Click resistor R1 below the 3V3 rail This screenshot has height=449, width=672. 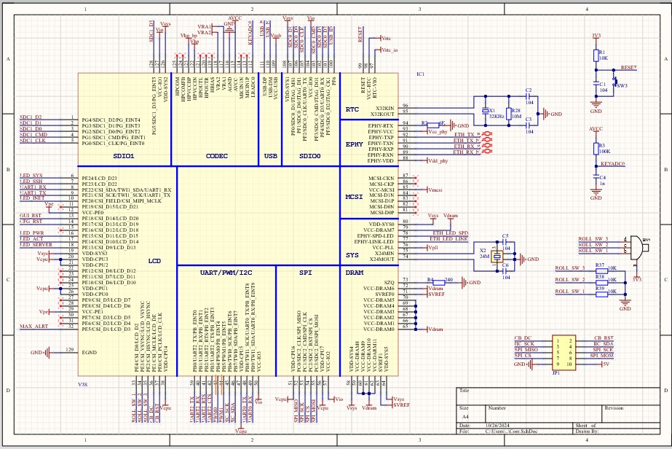pyautogui.click(x=596, y=55)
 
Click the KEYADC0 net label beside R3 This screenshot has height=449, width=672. pyautogui.click(x=613, y=165)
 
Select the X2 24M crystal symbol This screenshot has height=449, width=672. pyautogui.click(x=497, y=257)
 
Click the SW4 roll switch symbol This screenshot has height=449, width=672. pyautogui.click(x=636, y=247)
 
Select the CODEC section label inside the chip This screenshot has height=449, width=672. pyautogui.click(x=217, y=156)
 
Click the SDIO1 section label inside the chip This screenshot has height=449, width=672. pyautogui.click(x=124, y=156)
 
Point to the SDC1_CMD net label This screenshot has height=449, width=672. pyautogui.click(x=33, y=135)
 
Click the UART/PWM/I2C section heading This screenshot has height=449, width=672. pyautogui.click(x=226, y=273)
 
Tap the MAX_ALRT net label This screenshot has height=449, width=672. pyautogui.click(x=35, y=326)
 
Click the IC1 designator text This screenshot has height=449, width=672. pyautogui.click(x=420, y=74)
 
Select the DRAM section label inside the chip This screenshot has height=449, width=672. pyautogui.click(x=354, y=273)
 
